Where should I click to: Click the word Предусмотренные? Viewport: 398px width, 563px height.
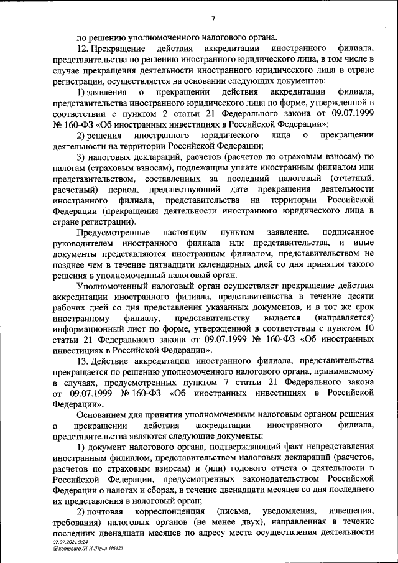point(114,232)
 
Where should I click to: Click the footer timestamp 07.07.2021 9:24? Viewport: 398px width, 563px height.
point(68,542)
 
